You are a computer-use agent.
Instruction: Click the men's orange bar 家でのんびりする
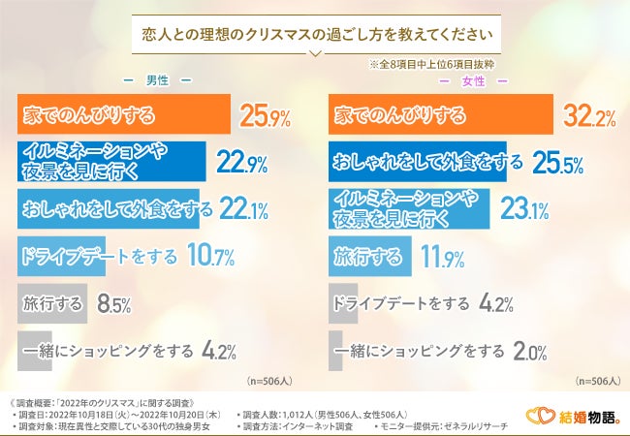coord(124,115)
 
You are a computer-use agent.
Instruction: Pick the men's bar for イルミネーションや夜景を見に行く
coord(111,162)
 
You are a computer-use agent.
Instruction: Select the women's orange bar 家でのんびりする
coord(442,115)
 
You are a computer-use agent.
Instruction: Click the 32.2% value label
coord(590,117)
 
